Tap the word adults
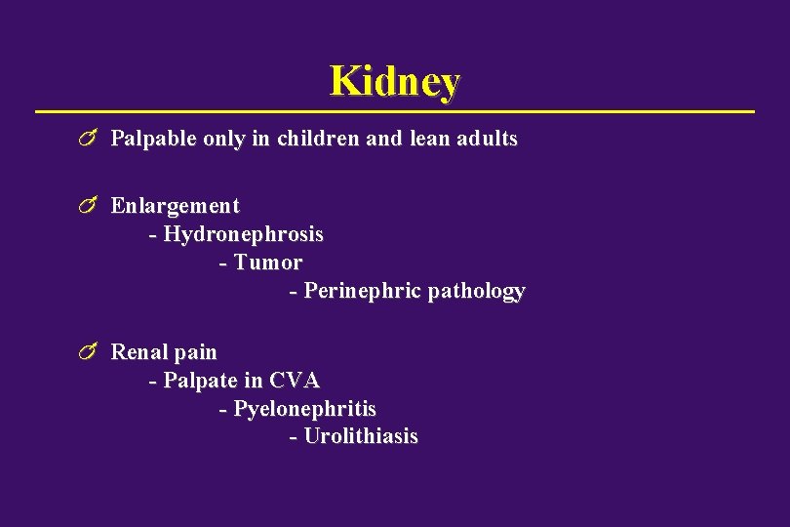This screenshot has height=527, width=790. coord(485,139)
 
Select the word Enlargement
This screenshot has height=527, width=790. coord(175,206)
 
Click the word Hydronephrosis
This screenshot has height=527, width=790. coord(243,235)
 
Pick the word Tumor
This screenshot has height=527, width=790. coord(268,263)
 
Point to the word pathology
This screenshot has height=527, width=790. coord(476,292)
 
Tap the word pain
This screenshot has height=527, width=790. coord(196,352)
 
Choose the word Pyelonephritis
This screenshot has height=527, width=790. coord(304,409)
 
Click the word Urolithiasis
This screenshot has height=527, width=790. coord(361,437)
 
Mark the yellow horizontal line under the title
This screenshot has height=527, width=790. coord(395,112)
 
